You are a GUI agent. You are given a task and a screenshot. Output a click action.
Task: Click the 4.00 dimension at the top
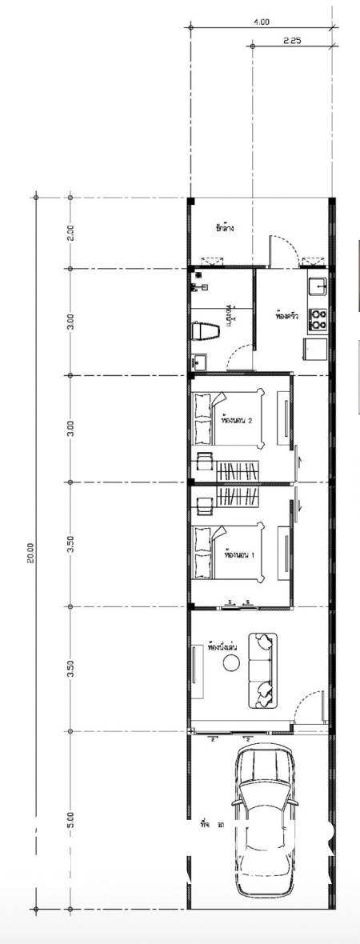click(262, 22)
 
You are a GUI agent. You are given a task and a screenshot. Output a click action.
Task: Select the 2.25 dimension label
click(292, 40)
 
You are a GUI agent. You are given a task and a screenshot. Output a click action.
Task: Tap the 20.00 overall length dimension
click(30, 553)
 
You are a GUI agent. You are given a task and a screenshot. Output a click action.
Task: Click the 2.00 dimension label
click(70, 232)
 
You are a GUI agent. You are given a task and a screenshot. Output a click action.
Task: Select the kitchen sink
click(318, 286)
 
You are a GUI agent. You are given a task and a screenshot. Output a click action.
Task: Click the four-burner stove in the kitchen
click(318, 319)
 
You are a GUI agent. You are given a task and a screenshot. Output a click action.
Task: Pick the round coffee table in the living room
click(232, 662)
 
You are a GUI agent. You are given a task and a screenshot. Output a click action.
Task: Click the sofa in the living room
click(262, 670)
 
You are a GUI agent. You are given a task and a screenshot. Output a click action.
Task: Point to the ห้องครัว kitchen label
click(286, 316)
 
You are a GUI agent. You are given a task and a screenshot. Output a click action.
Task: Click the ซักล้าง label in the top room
click(225, 229)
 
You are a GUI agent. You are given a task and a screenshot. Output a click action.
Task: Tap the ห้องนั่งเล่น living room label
click(220, 646)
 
